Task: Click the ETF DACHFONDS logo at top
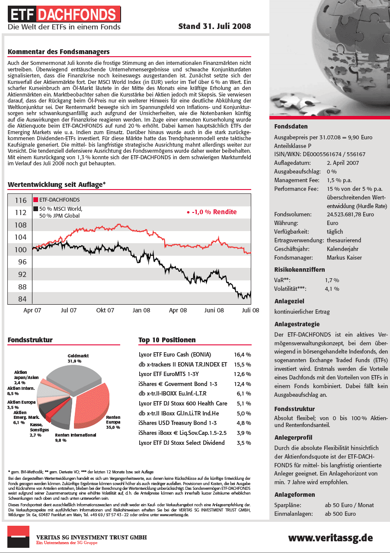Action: pyautogui.click(x=64, y=16)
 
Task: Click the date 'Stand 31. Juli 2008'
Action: pyautogui.click(x=214, y=26)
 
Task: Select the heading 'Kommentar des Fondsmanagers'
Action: pyautogui.click(x=59, y=52)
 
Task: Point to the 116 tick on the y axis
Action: pyautogui.click(x=20, y=200)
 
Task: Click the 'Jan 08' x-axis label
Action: pyautogui.click(x=141, y=310)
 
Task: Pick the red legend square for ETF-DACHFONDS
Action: pyautogui.click(x=35, y=200)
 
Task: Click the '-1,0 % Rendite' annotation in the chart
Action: pyautogui.click(x=212, y=212)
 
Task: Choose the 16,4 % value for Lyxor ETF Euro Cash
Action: pyautogui.click(x=242, y=354)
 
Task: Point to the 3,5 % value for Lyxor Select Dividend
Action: pyautogui.click(x=244, y=443)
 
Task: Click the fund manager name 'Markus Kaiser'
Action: pyautogui.click(x=344, y=257)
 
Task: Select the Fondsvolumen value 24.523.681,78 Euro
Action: pyautogui.click(x=350, y=214)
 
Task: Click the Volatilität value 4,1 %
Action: pyautogui.click(x=332, y=289)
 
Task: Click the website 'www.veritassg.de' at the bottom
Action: pyautogui.click(x=330, y=538)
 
